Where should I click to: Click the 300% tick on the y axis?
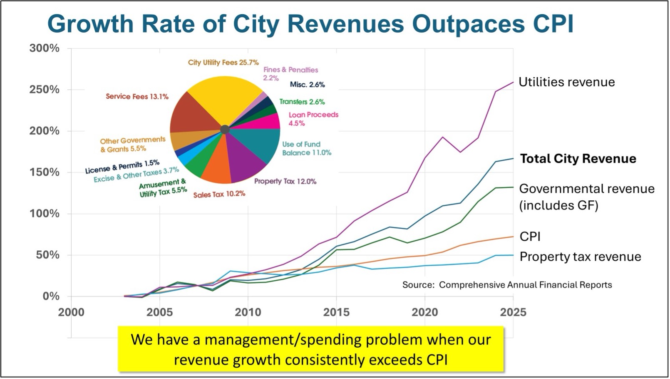(x=45, y=48)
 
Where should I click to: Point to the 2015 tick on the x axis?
(x=336, y=312)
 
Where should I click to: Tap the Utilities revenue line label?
(x=566, y=82)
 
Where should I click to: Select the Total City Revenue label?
(x=578, y=159)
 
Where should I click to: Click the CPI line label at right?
(x=530, y=237)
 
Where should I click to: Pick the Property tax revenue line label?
(x=580, y=257)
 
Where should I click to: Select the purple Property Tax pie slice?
(x=246, y=160)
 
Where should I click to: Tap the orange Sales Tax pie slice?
(x=216, y=167)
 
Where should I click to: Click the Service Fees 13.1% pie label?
(x=137, y=97)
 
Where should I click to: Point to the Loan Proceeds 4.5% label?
(x=313, y=119)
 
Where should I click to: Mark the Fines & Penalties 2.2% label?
(x=290, y=74)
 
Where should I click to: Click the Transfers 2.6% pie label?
(x=302, y=102)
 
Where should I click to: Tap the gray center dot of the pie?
(x=225, y=130)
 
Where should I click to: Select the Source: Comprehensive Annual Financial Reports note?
(x=507, y=285)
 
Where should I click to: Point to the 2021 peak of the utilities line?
(x=442, y=137)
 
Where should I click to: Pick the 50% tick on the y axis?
(x=47, y=255)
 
